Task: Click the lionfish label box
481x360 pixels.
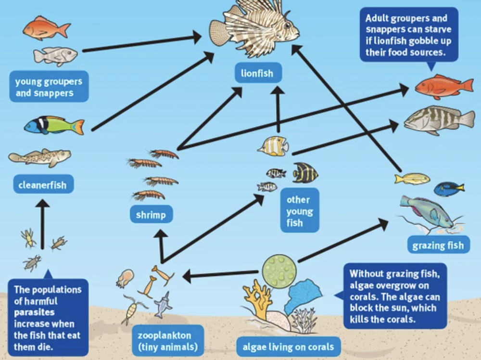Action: coord(257,74)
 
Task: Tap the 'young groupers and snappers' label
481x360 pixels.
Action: coord(49,87)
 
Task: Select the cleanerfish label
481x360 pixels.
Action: coord(42,184)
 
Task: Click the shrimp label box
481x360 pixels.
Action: coord(151,215)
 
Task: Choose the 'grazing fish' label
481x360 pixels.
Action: coord(438,246)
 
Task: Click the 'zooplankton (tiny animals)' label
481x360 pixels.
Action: coord(161,341)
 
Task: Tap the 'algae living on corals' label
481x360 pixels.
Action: coord(289,346)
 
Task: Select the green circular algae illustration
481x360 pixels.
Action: coord(279,271)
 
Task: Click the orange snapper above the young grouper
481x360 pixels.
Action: coord(46,28)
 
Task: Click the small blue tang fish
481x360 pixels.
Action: coord(448,189)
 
